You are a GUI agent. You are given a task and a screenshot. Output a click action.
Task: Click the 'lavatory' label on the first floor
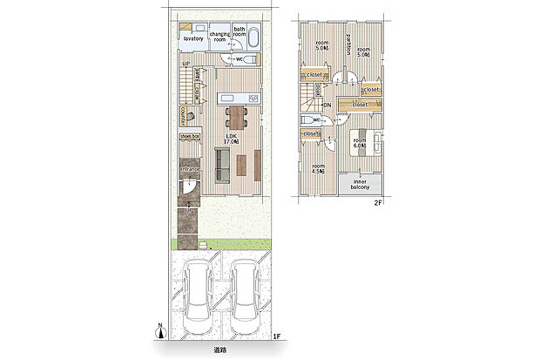click(x=192, y=39)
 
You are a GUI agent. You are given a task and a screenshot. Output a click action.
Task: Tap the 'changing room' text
click(x=219, y=37)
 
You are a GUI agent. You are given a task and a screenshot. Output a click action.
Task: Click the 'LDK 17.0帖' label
click(x=232, y=139)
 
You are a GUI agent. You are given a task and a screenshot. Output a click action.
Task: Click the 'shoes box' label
click(x=190, y=137)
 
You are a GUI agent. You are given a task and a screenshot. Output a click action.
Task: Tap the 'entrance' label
click(x=190, y=169)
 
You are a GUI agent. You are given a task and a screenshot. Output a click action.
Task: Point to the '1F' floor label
click(x=275, y=336)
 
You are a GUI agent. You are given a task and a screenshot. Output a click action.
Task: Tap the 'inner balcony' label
click(x=361, y=185)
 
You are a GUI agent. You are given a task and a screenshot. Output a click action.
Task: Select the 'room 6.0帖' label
click(x=360, y=142)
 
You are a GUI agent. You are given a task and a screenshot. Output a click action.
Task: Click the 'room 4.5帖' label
click(x=319, y=167)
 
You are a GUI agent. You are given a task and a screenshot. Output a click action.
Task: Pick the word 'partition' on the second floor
click(x=348, y=44)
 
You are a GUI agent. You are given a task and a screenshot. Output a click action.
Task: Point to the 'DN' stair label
click(x=327, y=105)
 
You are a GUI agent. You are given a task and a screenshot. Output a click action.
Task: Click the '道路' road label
click(x=219, y=350)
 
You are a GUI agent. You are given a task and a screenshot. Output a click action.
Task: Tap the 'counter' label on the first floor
click(x=184, y=115)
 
